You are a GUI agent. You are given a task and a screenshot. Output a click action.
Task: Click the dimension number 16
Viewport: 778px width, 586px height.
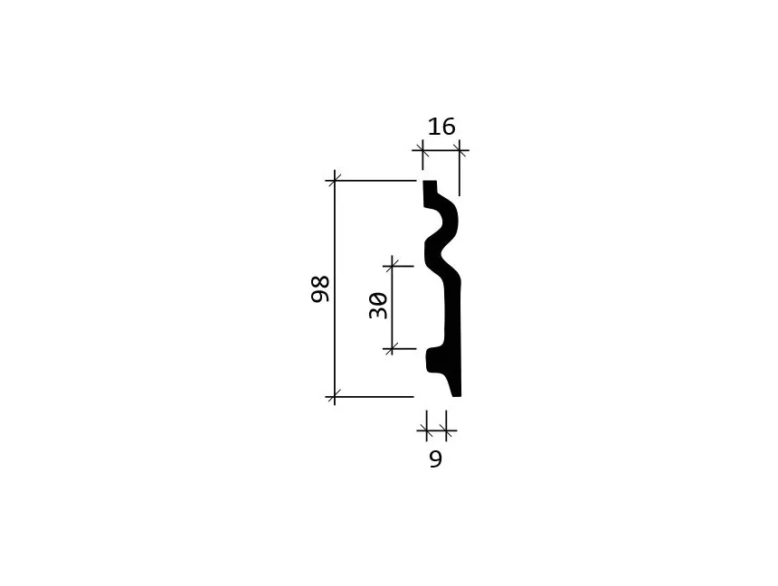click(x=441, y=127)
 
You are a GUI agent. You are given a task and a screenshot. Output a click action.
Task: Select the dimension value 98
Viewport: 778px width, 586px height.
click(x=320, y=288)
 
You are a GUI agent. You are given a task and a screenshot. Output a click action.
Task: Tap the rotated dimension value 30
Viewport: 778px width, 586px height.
click(x=378, y=306)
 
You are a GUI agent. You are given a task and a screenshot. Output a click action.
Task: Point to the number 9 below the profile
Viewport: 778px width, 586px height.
click(x=435, y=459)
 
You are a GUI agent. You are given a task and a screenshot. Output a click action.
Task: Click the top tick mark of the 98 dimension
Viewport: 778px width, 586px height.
click(x=335, y=181)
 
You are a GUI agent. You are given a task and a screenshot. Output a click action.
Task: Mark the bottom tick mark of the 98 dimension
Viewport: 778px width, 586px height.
click(x=335, y=397)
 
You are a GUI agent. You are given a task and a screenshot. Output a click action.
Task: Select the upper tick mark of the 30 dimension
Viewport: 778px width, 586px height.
click(x=393, y=267)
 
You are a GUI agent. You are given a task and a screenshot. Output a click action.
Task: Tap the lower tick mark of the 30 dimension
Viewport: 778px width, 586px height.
click(x=393, y=349)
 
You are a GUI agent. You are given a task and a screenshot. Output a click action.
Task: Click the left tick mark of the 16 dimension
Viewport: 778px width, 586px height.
click(x=422, y=150)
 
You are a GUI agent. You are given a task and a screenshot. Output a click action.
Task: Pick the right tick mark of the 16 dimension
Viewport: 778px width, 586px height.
click(x=460, y=150)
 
